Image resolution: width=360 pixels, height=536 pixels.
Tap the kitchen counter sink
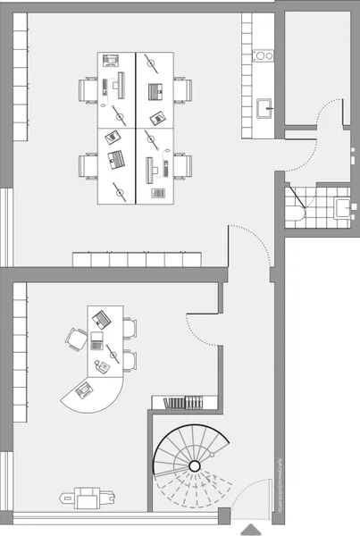click(264, 109)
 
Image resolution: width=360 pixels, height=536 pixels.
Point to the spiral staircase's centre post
click(194, 466)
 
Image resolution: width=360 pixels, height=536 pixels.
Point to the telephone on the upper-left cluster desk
click(111, 61)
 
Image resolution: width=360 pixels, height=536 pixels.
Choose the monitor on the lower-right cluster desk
click(148, 168)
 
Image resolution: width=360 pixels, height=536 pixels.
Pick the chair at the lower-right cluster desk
click(182, 166)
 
